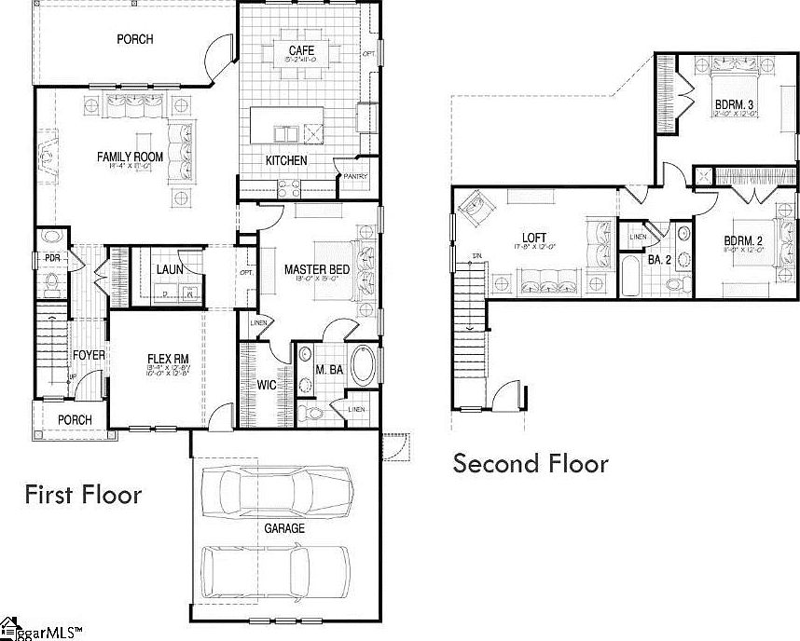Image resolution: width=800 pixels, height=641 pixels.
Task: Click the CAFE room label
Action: (299, 49)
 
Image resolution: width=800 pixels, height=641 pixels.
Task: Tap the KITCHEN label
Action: (286, 160)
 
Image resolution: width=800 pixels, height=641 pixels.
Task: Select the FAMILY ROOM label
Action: (130, 157)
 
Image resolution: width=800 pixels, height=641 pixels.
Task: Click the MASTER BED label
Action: (317, 270)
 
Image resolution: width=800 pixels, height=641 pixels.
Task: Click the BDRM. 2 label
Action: (744, 241)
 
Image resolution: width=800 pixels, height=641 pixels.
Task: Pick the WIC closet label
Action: (266, 384)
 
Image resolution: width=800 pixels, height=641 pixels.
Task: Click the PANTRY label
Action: (355, 176)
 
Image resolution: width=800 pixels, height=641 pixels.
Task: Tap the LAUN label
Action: (169, 270)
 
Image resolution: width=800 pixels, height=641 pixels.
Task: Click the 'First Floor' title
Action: (83, 494)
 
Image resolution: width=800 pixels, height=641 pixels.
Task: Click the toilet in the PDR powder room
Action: (51, 279)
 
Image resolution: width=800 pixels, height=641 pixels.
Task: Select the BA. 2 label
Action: (660, 260)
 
